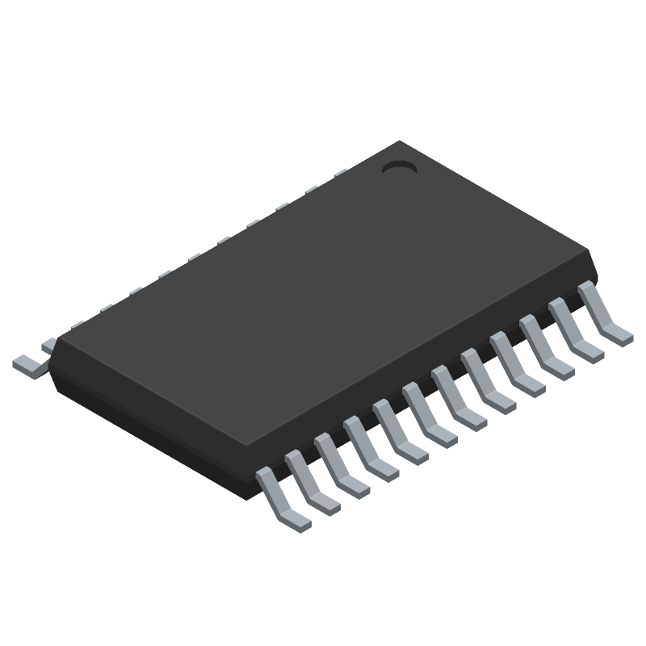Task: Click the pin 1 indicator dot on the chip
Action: coord(398,167)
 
